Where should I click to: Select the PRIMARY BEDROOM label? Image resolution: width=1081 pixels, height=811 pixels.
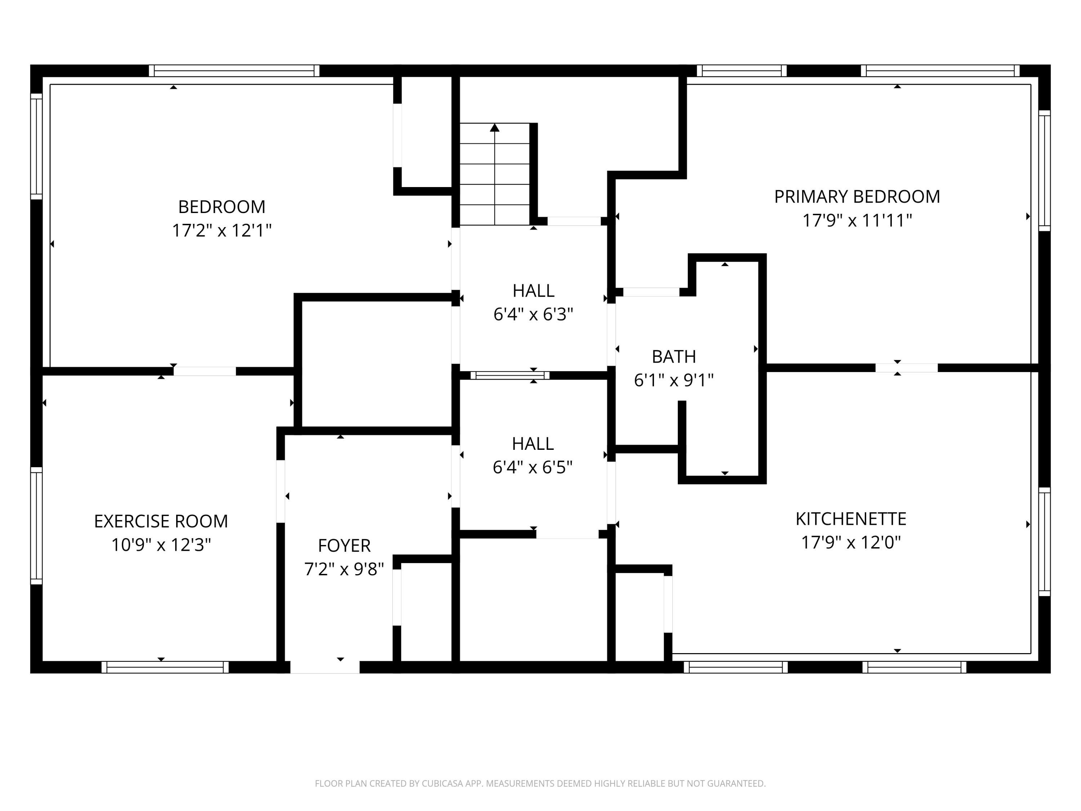click(857, 196)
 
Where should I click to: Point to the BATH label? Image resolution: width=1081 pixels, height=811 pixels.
click(673, 357)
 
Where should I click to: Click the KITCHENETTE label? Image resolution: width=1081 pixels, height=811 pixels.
click(851, 519)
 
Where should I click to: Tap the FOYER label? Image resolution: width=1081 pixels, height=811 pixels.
click(344, 545)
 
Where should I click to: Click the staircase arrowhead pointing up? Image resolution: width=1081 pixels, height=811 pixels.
click(495, 128)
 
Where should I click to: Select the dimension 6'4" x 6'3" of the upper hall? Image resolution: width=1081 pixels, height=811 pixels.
click(533, 314)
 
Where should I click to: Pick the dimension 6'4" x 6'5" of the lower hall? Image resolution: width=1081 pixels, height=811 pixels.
click(532, 467)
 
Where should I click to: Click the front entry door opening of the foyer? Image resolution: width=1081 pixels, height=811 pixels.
click(325, 667)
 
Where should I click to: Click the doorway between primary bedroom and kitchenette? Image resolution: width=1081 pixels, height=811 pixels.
click(907, 368)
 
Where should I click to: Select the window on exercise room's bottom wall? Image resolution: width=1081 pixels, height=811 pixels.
click(165, 667)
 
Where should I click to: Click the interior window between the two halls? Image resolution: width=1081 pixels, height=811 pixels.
click(510, 376)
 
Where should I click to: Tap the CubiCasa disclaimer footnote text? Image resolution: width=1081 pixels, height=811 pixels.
click(540, 784)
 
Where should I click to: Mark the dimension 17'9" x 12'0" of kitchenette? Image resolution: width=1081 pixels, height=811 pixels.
click(851, 542)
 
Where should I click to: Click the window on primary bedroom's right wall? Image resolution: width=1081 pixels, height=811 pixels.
click(1044, 170)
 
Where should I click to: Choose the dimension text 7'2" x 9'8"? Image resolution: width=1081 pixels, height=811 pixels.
click(344, 569)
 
